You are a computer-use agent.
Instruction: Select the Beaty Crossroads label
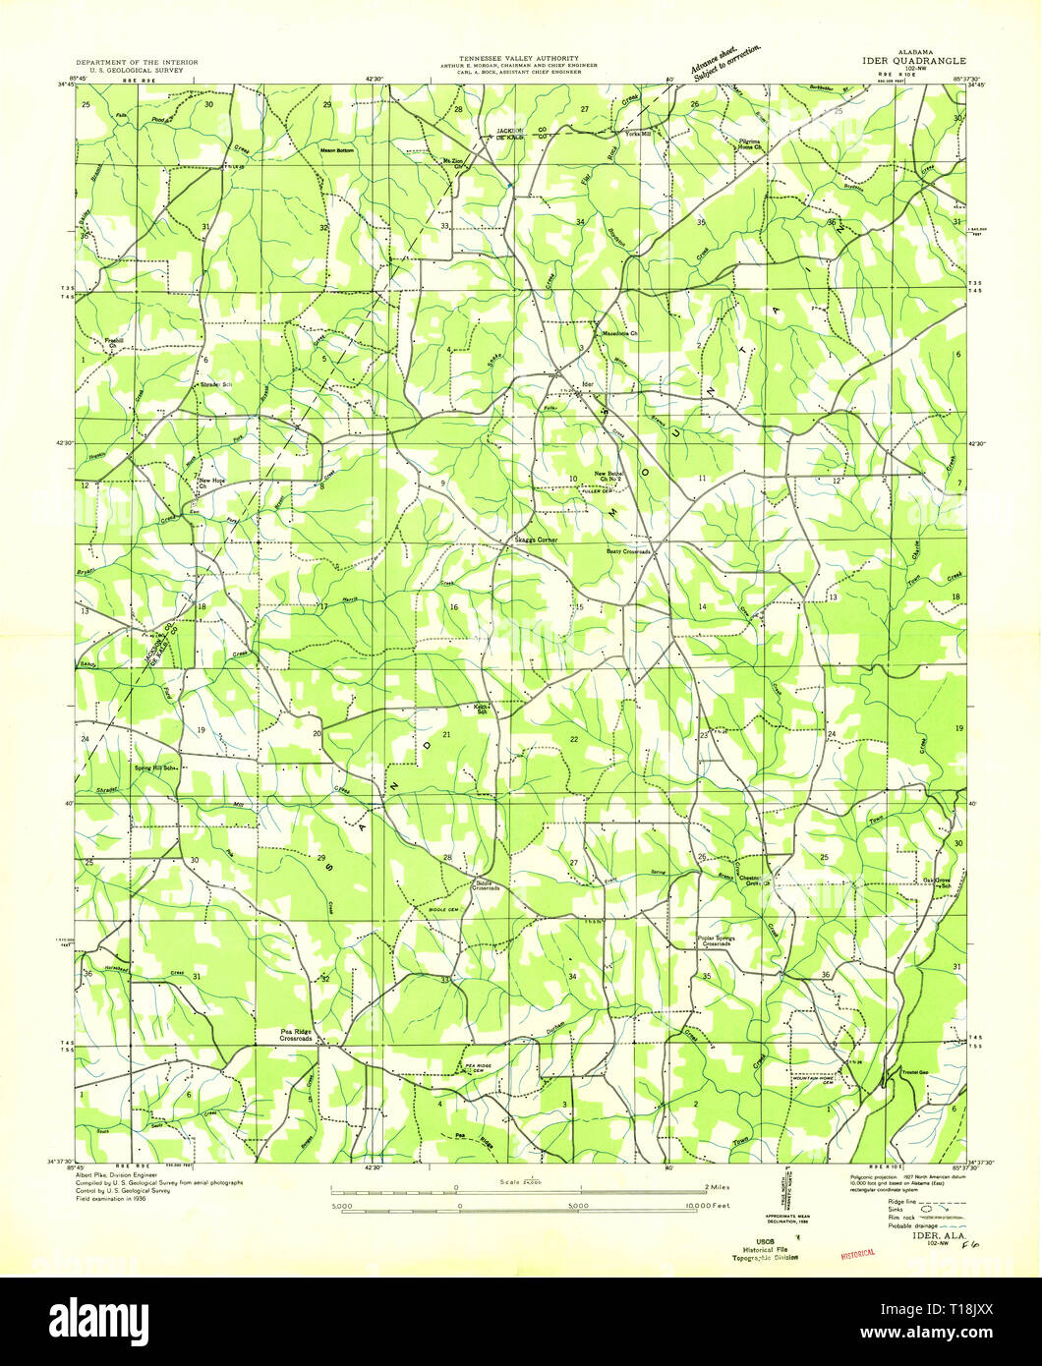coord(628,551)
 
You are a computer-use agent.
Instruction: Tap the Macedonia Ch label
coord(620,333)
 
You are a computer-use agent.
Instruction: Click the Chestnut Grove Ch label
coord(752,880)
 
